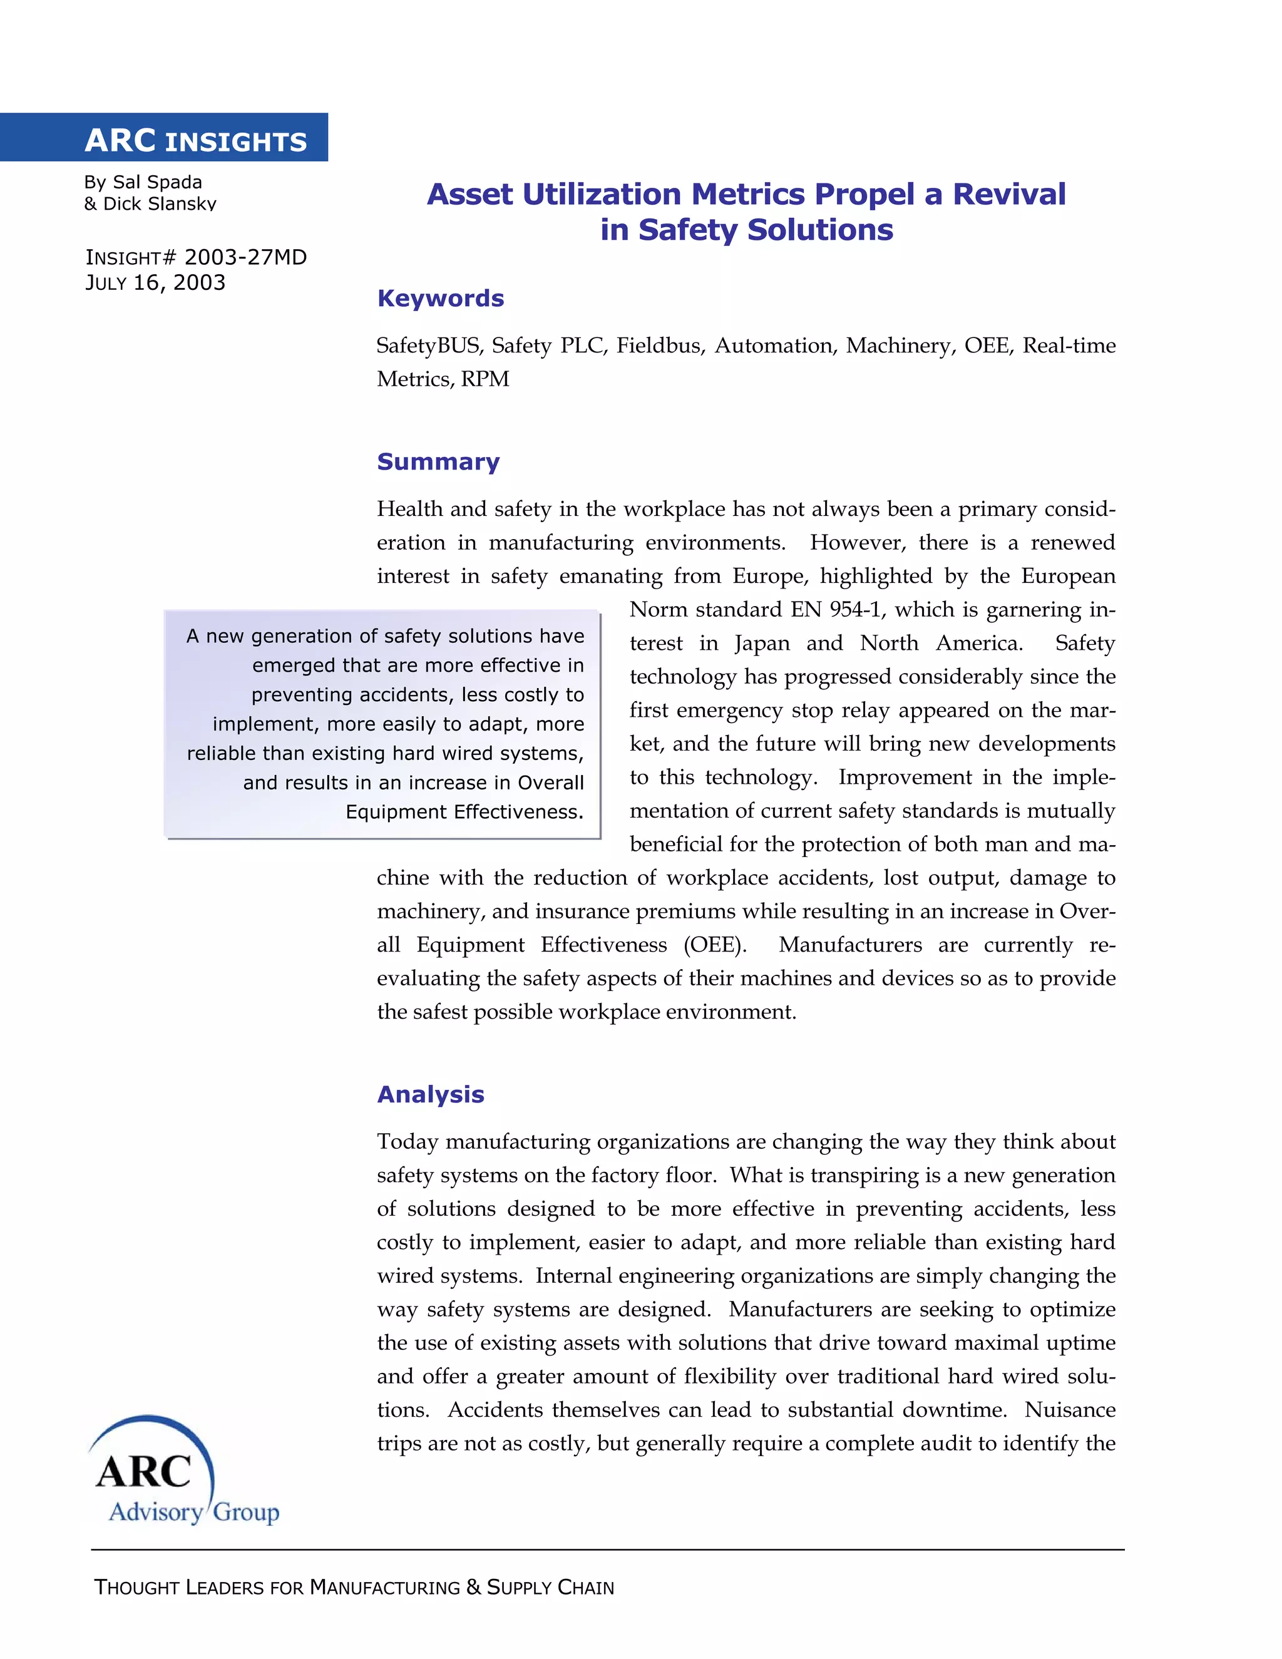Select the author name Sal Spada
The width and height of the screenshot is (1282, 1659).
point(157,182)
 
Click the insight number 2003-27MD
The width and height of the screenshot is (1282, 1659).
point(245,257)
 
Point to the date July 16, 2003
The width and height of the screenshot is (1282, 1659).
point(155,282)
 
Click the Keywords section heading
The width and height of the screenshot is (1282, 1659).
point(441,298)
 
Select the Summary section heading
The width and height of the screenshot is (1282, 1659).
point(438,461)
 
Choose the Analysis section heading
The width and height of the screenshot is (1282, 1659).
point(431,1094)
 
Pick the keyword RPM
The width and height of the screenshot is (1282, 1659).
point(485,379)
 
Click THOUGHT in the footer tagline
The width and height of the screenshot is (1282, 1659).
point(136,1588)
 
